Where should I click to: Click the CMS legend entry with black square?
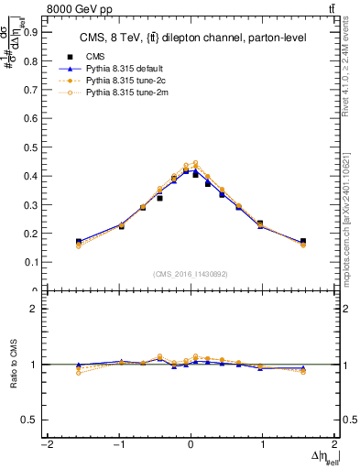[x=96, y=57]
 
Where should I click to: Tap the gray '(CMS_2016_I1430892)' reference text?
[x=191, y=273]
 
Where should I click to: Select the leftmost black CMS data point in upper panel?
[x=79, y=242]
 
